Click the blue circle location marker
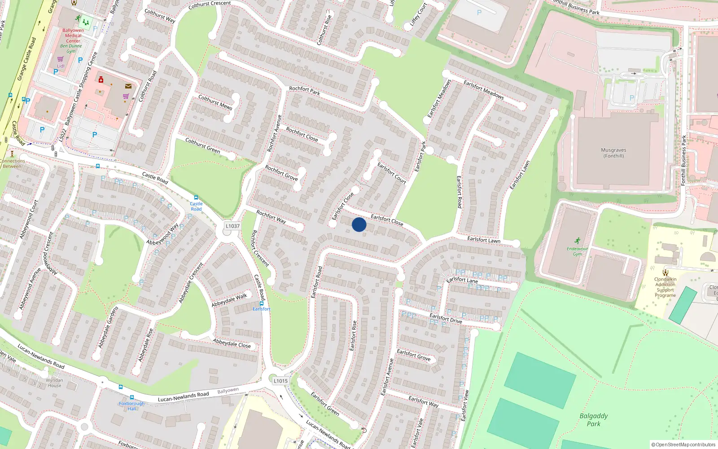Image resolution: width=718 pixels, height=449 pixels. coord(359,224)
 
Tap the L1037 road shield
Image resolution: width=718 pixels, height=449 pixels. coord(232,226)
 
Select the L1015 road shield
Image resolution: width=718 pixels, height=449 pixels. coord(280,381)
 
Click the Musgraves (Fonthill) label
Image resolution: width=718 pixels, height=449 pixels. coord(613,153)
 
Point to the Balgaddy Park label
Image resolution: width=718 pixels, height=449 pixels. coord(593,419)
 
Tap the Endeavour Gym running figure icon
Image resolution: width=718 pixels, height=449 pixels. coord(577,241)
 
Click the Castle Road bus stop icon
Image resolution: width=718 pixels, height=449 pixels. coord(196,198)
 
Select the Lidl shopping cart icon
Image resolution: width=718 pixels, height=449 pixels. coord(60,59)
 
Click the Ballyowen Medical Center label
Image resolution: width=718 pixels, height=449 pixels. coord(73,35)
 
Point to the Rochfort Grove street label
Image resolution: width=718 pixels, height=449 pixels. coord(281,173)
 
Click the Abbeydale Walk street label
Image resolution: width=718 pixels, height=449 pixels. coord(229,300)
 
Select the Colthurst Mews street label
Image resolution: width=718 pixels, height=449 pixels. coord(215,102)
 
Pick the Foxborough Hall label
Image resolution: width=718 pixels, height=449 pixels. coord(131,406)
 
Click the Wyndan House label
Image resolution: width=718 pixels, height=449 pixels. coord(54,383)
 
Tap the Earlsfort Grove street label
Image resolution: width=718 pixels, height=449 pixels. coord(413,355)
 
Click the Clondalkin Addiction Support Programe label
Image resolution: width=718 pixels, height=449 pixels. coord(665,287)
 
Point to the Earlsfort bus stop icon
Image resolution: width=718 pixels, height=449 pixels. coord(262,304)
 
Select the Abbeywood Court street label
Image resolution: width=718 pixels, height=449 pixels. coord(29,219)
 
